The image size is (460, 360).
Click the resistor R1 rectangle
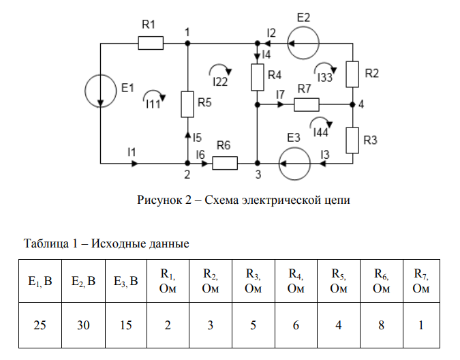pos(151,44)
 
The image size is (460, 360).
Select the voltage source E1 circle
pos(101,90)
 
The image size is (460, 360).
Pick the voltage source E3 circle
pos(294,164)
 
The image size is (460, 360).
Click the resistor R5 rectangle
pos(188,104)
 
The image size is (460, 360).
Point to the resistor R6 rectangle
pos(224,164)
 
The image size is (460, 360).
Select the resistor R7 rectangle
pos(307,105)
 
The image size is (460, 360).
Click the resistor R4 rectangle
pos(258,77)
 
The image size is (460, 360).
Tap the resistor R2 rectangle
pos(352,74)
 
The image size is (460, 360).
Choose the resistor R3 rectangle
pos(352,140)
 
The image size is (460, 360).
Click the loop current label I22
pos(220,82)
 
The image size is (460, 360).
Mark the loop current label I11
pos(153,104)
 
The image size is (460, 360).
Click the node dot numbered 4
pos(352,105)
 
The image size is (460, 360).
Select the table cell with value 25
pos(40,325)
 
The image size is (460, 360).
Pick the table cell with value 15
pos(125,325)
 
